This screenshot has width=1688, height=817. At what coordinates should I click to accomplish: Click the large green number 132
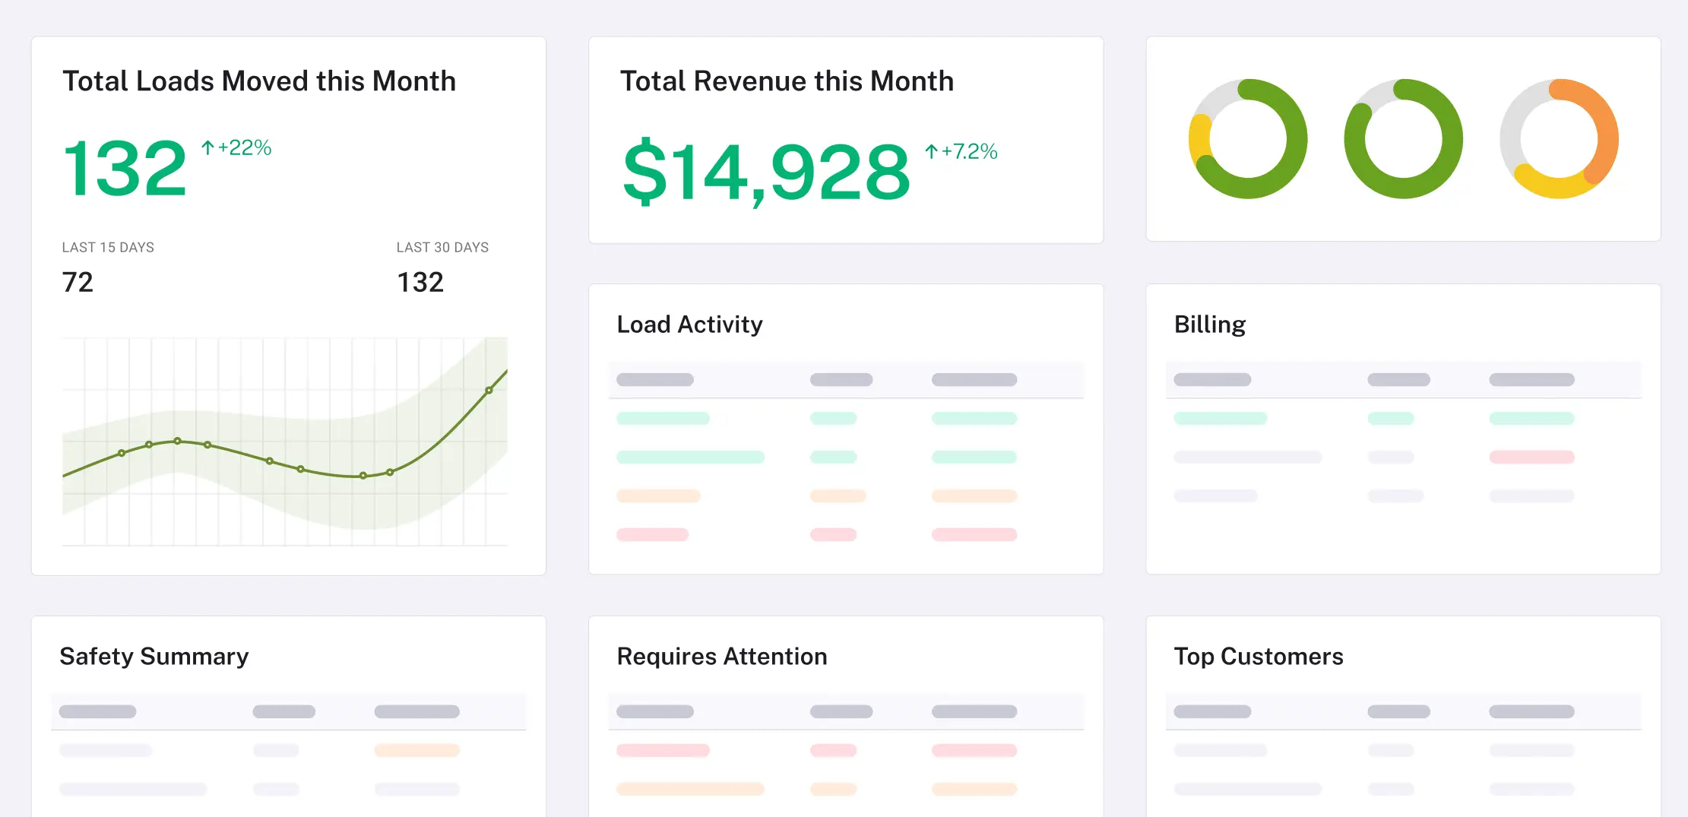125,168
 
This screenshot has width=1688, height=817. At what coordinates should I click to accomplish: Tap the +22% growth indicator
236,147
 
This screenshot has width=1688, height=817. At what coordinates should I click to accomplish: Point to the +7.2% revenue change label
961,151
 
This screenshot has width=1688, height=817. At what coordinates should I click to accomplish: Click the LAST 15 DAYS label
108,247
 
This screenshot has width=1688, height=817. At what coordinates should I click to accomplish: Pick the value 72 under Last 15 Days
78,282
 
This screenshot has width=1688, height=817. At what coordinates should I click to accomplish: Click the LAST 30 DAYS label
442,247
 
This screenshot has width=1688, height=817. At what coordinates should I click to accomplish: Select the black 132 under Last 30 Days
420,282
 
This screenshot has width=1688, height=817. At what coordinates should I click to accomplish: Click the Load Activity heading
689,325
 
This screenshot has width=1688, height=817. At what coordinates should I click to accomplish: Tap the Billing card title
1210,325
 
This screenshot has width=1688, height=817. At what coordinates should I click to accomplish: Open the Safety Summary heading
154,656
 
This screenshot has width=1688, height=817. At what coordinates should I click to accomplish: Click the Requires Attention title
722,656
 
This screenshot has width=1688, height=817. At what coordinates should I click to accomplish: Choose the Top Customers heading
1259,656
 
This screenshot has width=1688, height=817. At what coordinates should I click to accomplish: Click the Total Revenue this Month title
787,81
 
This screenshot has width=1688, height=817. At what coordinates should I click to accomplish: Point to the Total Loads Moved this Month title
259,81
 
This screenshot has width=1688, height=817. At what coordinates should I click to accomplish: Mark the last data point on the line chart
489,391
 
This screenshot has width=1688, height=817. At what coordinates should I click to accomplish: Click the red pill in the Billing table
1531,457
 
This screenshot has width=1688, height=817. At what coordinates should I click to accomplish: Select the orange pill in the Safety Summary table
416,750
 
